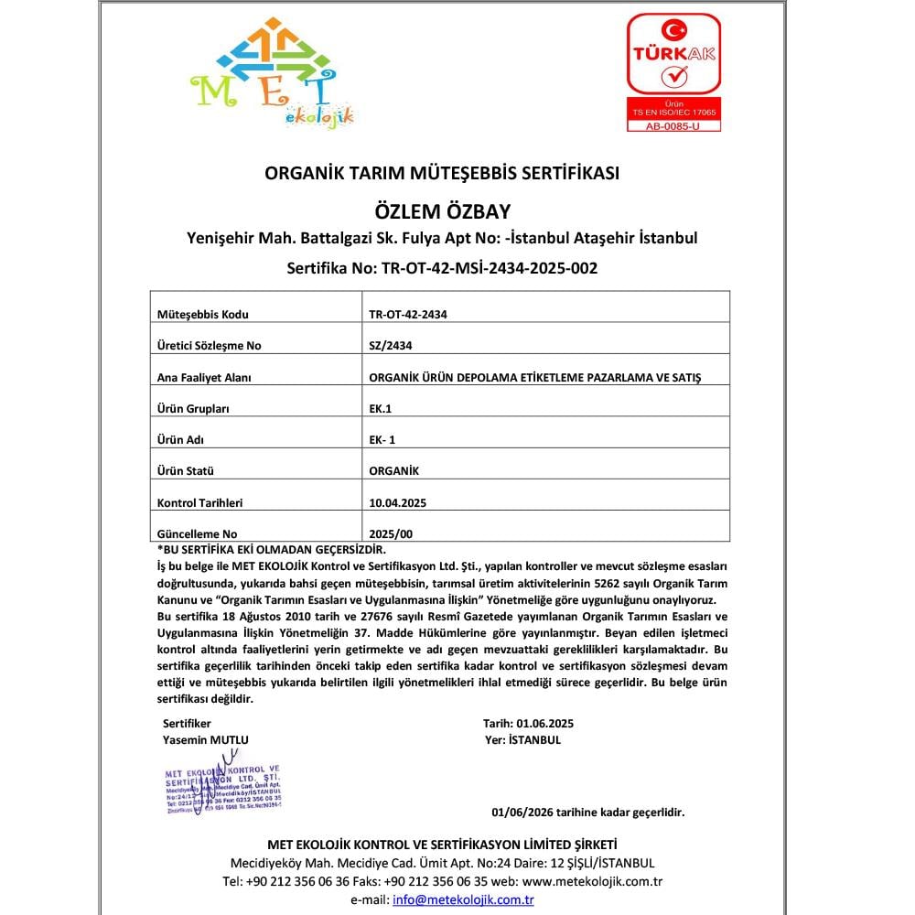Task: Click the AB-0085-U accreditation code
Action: tap(673, 125)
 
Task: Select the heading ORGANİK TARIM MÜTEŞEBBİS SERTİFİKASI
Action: tap(442, 172)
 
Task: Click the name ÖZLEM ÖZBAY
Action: tap(442, 210)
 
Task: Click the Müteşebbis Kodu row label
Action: tap(203, 314)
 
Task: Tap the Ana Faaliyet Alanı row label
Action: tap(204, 377)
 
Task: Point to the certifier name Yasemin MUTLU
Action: tap(205, 739)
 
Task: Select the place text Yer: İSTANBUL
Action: tap(525, 739)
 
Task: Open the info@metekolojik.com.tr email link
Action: tap(463, 899)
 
